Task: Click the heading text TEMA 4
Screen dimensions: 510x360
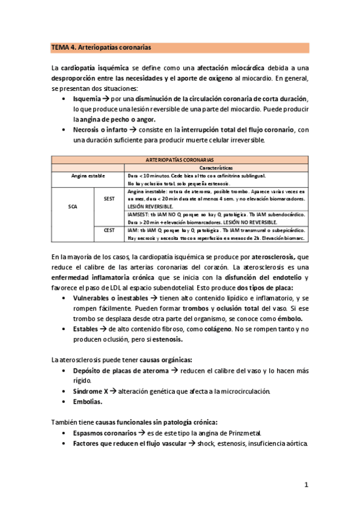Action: click(64, 46)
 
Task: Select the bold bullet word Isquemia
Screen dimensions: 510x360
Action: click(86, 98)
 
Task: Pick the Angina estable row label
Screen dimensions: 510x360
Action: click(88, 176)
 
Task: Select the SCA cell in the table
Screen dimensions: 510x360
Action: click(73, 206)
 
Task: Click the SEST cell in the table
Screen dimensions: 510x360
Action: click(109, 198)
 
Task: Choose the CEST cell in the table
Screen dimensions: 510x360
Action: click(109, 230)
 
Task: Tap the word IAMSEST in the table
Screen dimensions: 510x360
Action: click(138, 214)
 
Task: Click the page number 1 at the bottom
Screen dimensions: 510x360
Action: click(306, 484)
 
